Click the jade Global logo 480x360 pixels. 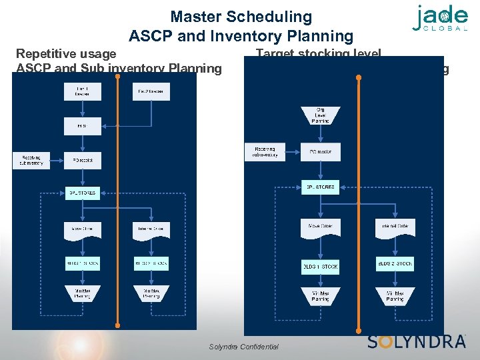(440, 19)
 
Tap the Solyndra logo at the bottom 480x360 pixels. (417, 341)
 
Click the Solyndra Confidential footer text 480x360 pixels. (244, 347)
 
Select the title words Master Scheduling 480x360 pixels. (241, 16)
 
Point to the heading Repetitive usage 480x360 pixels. (66, 53)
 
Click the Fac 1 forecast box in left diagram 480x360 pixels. (82, 92)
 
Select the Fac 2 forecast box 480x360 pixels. (151, 92)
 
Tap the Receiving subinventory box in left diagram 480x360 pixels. (31, 160)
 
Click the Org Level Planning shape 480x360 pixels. (321, 115)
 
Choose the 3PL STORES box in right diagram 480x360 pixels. (321, 187)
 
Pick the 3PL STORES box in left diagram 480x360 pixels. (82, 193)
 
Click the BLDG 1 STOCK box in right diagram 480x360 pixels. (321, 266)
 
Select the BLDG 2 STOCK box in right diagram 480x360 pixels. (395, 263)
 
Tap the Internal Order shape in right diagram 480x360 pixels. (395, 227)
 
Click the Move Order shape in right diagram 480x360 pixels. (321, 227)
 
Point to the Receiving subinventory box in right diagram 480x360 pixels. (265, 152)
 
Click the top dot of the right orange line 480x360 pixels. (359, 78)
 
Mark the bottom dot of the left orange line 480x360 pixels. (117, 326)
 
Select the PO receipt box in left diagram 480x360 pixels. (82, 160)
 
